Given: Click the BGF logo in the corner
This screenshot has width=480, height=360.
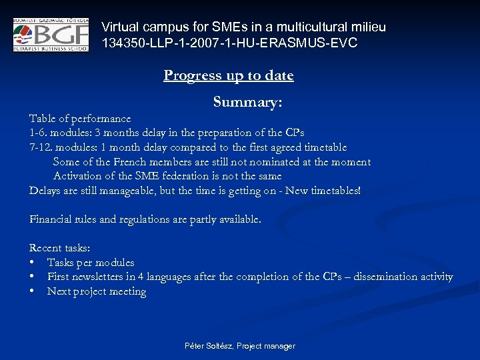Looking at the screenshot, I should [x=51, y=35].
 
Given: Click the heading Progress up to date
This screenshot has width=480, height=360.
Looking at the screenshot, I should [x=229, y=75].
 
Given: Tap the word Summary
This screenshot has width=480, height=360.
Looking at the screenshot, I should [x=247, y=102].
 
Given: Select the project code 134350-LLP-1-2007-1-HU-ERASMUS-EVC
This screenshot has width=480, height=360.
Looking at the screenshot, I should [x=229, y=43].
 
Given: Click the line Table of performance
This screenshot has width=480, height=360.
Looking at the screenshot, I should [x=80, y=119].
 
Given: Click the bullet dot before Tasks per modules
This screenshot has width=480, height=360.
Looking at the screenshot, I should [x=32, y=263].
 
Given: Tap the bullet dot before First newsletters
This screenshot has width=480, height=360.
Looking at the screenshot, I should [x=32, y=277].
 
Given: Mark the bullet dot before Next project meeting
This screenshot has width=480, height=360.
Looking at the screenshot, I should [x=32, y=291].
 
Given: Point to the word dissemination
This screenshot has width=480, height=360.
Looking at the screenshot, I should [x=380, y=277].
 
